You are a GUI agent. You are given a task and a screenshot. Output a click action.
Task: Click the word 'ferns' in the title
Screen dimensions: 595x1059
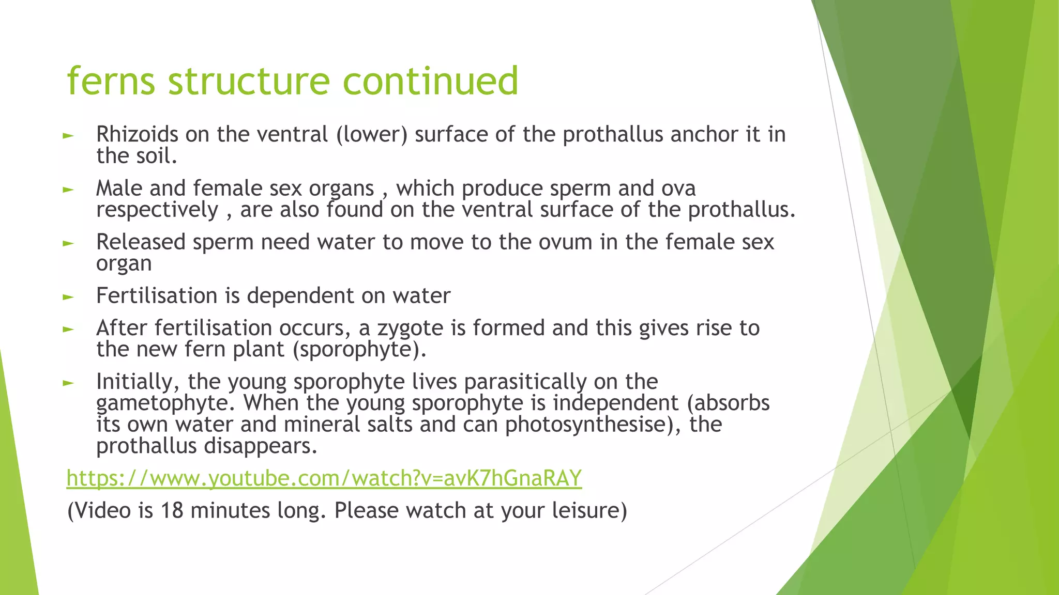click(111, 81)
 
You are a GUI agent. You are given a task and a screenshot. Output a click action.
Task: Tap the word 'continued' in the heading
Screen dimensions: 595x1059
click(430, 81)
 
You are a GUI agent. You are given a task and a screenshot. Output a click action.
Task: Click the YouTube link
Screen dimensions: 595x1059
click(324, 479)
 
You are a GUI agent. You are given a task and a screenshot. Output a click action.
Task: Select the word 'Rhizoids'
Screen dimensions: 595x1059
click(137, 135)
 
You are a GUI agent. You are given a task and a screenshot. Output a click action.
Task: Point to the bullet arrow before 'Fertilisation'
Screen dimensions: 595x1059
click(68, 297)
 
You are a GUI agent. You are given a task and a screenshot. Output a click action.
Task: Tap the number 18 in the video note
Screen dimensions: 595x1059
click(172, 511)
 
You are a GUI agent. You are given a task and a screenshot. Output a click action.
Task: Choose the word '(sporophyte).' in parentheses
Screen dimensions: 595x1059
click(359, 350)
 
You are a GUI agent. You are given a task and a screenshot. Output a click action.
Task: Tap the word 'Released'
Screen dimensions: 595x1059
click(141, 242)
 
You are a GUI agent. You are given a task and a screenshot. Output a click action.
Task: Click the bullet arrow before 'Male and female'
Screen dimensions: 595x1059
click(68, 190)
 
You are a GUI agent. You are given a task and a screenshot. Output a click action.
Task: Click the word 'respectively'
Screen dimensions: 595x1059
click(157, 210)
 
